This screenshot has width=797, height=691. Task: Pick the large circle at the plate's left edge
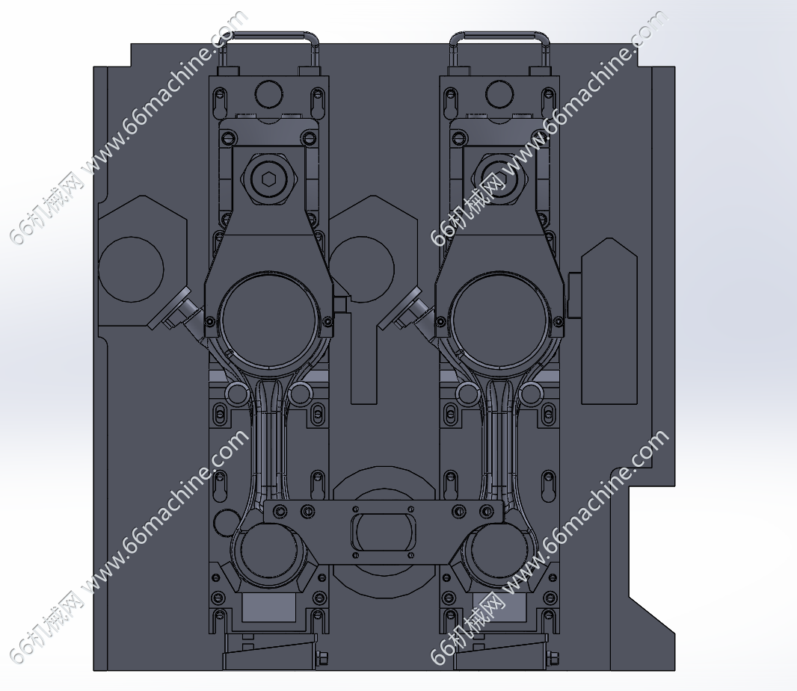coord(131,269)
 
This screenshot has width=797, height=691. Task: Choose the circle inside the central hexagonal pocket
coord(362,269)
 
